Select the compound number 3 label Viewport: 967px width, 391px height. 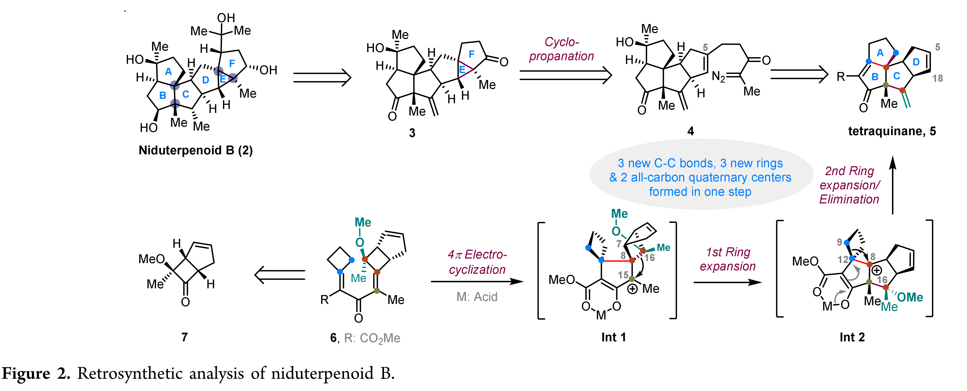point(412,133)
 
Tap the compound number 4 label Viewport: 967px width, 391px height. point(690,131)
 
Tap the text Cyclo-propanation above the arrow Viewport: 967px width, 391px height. point(562,49)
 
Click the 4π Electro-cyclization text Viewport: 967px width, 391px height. point(477,262)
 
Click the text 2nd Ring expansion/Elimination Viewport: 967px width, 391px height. point(850,185)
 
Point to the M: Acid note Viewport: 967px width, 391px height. point(477,297)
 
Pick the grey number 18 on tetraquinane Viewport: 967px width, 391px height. point(937,78)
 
